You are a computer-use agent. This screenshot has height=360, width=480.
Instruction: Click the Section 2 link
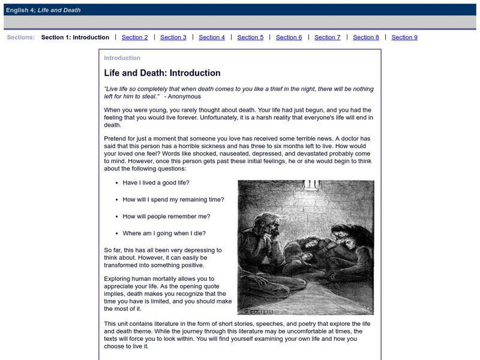[134, 37]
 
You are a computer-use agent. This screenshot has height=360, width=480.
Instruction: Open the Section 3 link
[173, 37]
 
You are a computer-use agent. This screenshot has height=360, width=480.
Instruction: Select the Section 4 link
[212, 37]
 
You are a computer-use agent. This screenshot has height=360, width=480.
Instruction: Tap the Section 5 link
[250, 37]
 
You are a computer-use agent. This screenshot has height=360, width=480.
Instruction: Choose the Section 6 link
[289, 37]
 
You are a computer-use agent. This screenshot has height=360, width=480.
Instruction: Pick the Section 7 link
[327, 37]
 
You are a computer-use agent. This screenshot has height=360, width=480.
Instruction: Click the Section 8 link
[366, 37]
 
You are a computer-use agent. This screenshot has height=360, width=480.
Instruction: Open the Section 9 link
[404, 37]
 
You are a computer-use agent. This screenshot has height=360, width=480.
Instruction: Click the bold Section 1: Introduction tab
[75, 37]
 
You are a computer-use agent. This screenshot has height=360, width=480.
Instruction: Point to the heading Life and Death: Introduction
[162, 73]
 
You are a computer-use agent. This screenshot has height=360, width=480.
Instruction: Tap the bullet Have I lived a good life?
[160, 182]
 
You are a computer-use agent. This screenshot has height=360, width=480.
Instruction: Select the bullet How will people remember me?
[166, 216]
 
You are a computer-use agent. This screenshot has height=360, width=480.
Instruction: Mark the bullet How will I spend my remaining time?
[173, 199]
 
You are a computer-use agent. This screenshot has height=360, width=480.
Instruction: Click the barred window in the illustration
[310, 185]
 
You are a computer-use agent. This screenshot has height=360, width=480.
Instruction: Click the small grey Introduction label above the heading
[122, 58]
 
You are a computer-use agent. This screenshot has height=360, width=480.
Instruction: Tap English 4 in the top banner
[20, 10]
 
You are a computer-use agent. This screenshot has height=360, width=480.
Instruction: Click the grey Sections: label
[21, 37]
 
